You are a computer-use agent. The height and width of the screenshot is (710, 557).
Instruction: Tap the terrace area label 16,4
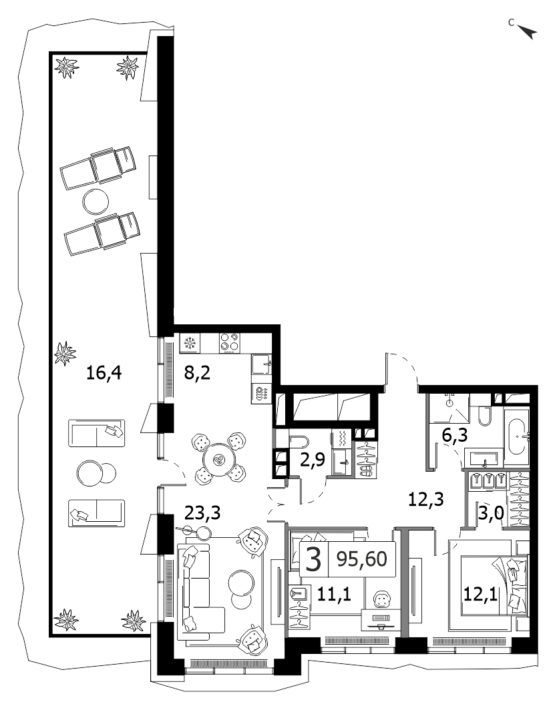104,374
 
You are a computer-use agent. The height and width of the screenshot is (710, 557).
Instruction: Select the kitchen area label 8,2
197,374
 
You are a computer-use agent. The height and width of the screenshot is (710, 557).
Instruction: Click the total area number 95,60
362,559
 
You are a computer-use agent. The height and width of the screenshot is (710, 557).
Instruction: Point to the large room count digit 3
314,559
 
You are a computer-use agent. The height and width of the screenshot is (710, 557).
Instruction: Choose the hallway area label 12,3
425,499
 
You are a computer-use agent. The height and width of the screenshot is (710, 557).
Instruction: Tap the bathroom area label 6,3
455,436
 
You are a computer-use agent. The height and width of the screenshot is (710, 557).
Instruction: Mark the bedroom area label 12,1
480,593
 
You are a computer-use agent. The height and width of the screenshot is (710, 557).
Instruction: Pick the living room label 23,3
202,514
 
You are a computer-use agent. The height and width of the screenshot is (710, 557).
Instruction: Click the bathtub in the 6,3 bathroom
517,436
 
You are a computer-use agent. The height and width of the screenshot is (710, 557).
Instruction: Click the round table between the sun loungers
96,201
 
